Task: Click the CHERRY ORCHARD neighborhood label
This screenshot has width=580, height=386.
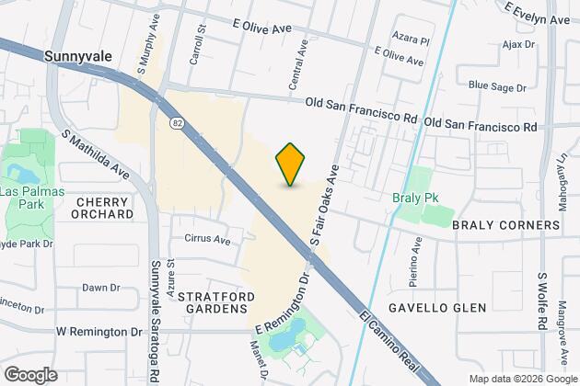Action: (x=104, y=208)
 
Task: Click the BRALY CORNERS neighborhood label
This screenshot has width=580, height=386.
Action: (x=506, y=225)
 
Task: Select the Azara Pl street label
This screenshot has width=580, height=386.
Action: (x=412, y=41)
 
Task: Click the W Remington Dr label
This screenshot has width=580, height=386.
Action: (x=101, y=330)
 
